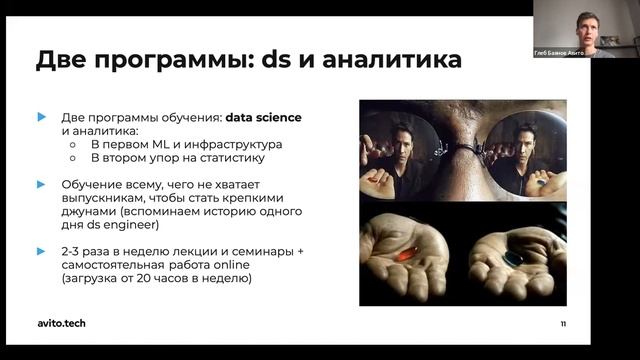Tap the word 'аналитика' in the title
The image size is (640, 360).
(x=387, y=60)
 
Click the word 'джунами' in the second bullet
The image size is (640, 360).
(x=89, y=213)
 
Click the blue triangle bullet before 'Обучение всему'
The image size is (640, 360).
(x=41, y=184)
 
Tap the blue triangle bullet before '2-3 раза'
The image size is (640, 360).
(x=41, y=252)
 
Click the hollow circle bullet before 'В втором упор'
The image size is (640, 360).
(x=73, y=157)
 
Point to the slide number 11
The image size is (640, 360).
(x=563, y=324)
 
